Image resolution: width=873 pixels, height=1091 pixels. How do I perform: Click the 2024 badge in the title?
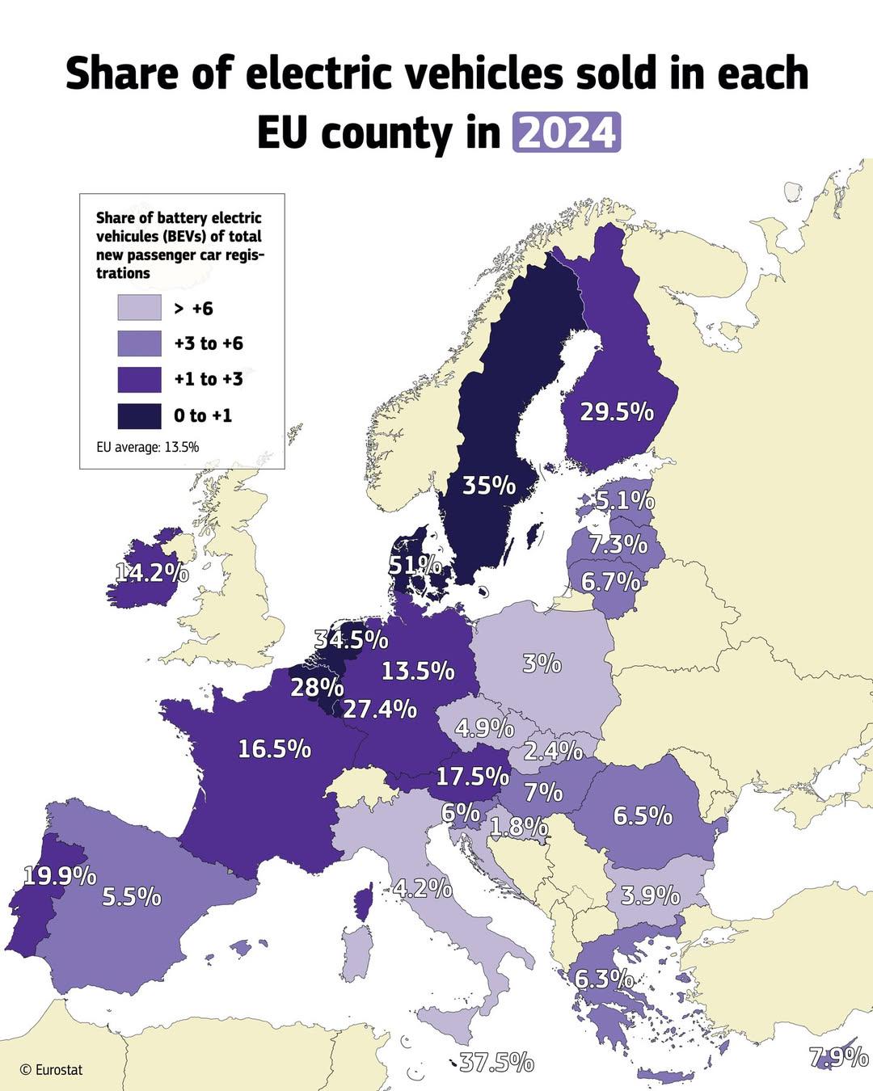566,133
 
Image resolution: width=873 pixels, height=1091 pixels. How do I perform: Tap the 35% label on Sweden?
488,485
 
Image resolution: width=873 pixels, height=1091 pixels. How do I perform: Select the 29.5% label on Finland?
617,411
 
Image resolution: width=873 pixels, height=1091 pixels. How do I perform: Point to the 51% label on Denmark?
415,565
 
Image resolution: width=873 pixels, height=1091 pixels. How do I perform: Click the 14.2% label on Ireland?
152,572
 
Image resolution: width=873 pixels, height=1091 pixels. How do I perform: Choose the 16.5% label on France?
274,748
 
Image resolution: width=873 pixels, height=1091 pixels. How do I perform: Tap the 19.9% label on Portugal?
60,875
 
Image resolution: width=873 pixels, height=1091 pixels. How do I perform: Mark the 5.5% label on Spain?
132,896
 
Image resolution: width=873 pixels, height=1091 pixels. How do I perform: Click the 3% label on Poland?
542,663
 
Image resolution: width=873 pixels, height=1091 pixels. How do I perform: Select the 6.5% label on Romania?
643,815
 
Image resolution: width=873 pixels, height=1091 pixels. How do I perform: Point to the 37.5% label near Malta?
496,1061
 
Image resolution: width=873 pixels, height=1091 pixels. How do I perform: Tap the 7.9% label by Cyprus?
838,1056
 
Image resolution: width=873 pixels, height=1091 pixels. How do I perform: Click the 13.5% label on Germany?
418,670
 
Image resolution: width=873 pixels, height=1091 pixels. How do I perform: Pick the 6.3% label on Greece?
604,979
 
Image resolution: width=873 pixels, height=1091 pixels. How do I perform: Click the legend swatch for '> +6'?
139,308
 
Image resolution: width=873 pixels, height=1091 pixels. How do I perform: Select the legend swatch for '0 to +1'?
139,415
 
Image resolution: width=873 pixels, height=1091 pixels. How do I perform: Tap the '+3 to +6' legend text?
209,343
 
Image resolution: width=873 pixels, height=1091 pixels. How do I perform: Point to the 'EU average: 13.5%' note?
148,447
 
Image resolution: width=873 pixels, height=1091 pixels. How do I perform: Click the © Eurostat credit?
50,1069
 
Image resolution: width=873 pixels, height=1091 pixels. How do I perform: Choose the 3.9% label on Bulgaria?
650,895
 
